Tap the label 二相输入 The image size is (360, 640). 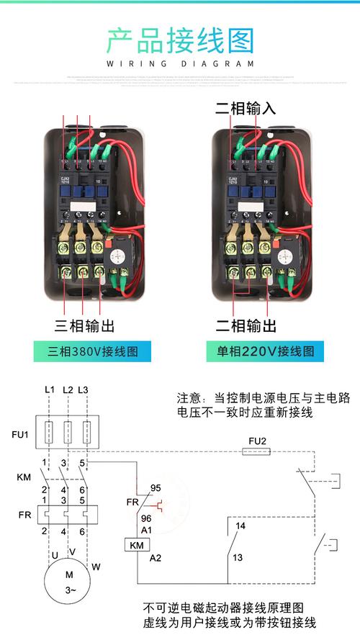tap(246, 109)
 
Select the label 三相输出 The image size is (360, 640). tap(85, 325)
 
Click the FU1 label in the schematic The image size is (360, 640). tap(19, 435)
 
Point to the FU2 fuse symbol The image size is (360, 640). tap(257, 453)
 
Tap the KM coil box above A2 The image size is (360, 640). tap(137, 544)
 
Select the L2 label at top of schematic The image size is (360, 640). tap(68, 389)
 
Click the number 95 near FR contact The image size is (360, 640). tap(154, 487)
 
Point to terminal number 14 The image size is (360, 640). tap(240, 526)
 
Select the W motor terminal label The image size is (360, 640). tap(96, 567)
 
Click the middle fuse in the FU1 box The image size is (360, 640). tap(68, 433)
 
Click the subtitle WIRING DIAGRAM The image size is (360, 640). tap(180, 64)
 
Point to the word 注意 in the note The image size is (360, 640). tap(189, 398)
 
